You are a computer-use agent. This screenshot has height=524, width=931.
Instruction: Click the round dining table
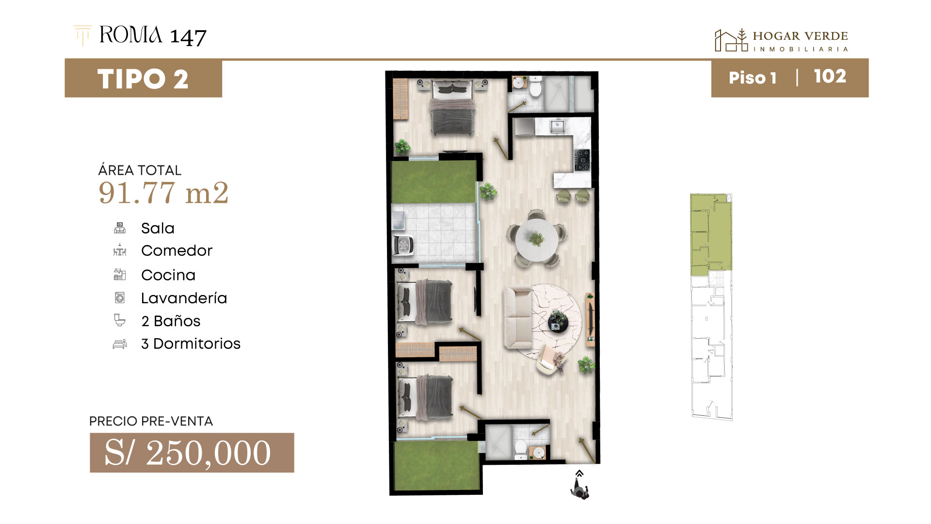536,239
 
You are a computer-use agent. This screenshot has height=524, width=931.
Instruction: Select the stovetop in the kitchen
583,160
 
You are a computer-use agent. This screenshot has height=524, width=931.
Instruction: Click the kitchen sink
557,127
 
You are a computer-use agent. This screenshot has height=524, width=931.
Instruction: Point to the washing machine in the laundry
403,245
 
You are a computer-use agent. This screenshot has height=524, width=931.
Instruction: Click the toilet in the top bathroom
535,87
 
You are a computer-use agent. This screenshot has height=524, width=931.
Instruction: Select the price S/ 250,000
188,453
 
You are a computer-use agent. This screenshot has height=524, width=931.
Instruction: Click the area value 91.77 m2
163,193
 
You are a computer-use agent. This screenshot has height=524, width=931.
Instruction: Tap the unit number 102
830,77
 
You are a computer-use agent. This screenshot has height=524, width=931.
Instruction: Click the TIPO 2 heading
143,79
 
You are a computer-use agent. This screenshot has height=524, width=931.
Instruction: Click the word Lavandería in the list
184,298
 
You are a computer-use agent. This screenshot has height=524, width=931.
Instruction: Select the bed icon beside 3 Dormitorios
120,344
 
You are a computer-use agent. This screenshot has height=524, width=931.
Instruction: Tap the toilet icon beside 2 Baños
120,320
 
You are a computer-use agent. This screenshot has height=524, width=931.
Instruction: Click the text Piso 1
752,78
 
